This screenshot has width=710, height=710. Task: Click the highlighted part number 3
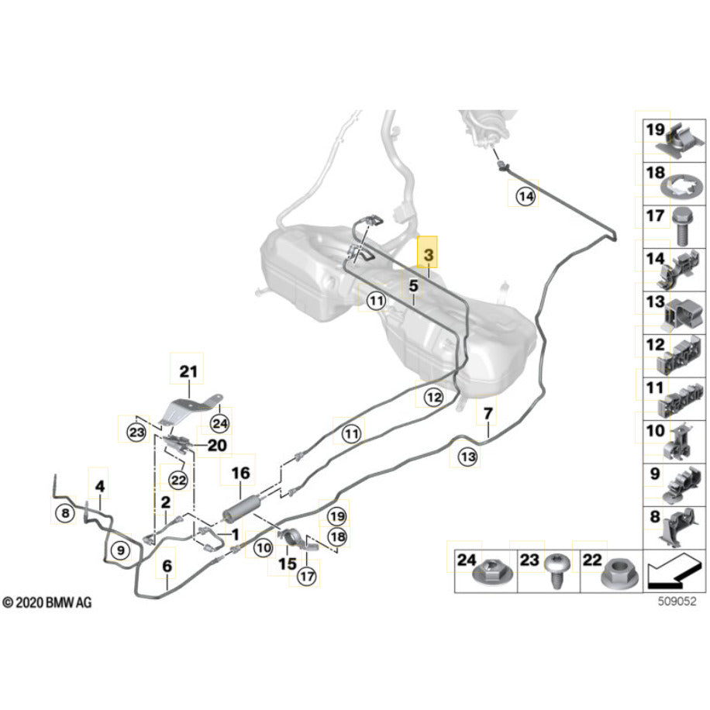pyautogui.click(x=428, y=253)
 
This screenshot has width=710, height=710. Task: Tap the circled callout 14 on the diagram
pyautogui.click(x=526, y=198)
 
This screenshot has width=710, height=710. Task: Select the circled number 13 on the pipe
pyautogui.click(x=467, y=457)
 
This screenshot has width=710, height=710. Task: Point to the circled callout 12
pyautogui.click(x=433, y=398)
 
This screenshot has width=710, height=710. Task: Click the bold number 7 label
pyautogui.click(x=488, y=414)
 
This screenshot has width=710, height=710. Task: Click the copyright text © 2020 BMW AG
pyautogui.click(x=47, y=602)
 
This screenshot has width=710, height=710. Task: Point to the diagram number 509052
pyautogui.click(x=667, y=599)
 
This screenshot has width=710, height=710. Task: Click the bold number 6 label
pyautogui.click(x=167, y=566)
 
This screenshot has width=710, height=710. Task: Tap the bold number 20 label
pyautogui.click(x=216, y=445)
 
